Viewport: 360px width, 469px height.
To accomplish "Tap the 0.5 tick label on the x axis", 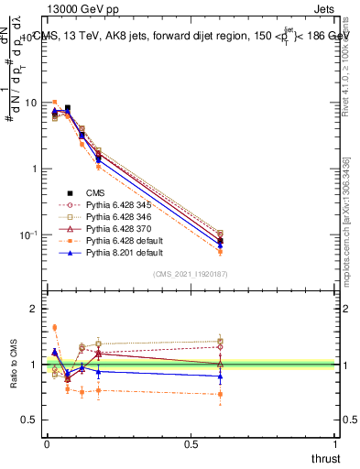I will (x=191, y=443).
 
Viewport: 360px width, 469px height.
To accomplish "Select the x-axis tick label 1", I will (x=336, y=443).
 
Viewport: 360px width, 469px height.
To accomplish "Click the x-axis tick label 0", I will (x=47, y=443).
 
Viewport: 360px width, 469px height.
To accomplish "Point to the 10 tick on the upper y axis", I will (x=29, y=103).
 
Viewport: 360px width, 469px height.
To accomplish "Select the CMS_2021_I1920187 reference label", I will (x=191, y=275).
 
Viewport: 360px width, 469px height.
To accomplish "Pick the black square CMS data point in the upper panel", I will (x=67, y=108).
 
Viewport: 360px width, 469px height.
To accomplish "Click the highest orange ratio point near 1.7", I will (x=54, y=327).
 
